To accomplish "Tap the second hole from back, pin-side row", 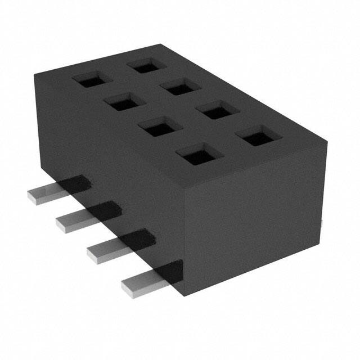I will tap(121, 103).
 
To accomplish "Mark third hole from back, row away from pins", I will tap(217, 110).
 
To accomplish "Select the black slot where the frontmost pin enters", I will tap(174, 270).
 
